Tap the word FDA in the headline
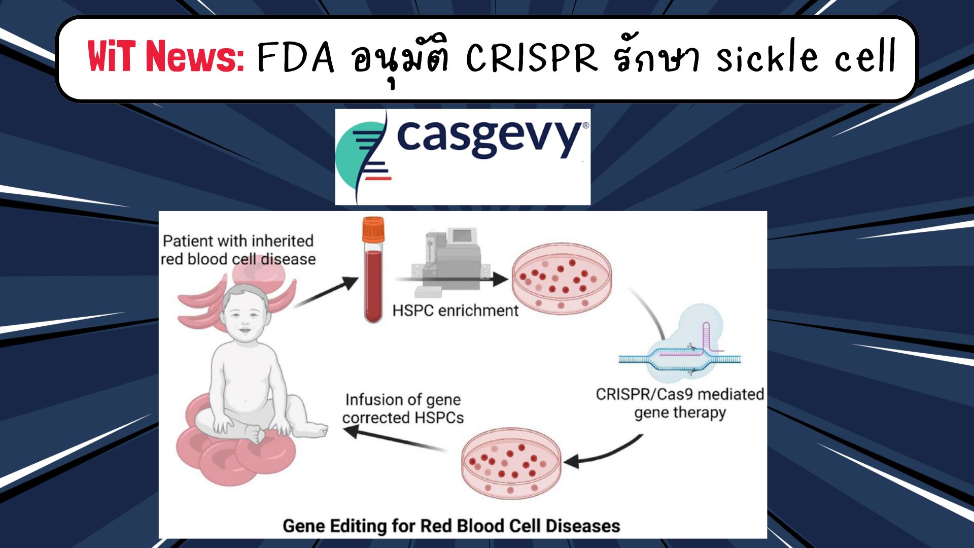click(296, 57)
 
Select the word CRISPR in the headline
click(532, 57)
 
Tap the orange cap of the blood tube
click(373, 230)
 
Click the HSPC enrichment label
click(455, 311)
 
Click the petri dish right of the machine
click(562, 279)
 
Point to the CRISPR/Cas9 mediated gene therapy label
click(680, 403)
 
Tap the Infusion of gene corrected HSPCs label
click(403, 408)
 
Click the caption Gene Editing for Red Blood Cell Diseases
click(451, 526)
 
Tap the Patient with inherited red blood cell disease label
click(238, 250)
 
